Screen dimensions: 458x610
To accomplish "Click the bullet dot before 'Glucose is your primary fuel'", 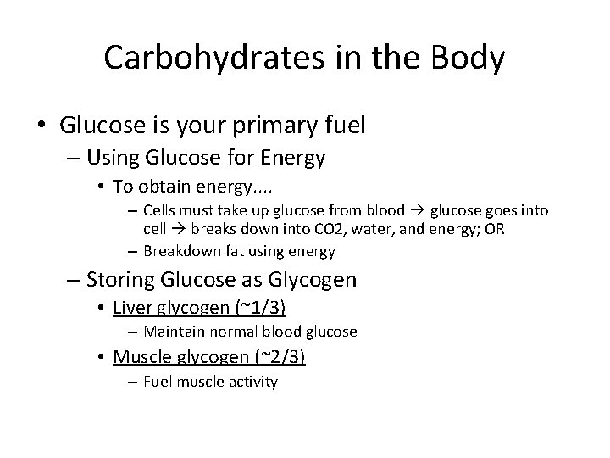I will (43, 126).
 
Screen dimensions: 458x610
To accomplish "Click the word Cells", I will (159, 210).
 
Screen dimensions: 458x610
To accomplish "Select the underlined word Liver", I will (133, 306).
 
